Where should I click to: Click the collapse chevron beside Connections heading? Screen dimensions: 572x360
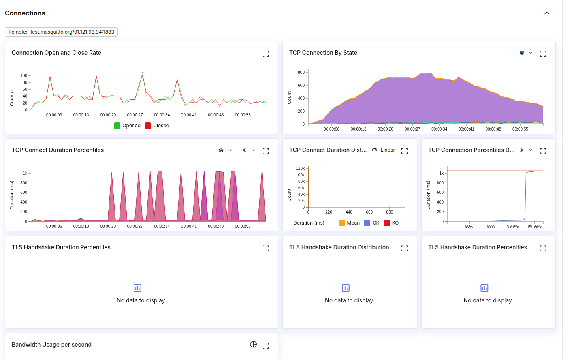(546, 13)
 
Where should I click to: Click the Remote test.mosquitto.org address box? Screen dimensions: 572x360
(61, 32)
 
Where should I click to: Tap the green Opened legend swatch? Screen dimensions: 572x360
(117, 126)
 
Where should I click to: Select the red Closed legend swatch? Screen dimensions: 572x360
(148, 126)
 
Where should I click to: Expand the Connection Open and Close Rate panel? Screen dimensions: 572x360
(266, 54)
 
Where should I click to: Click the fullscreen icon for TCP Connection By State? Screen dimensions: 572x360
(543, 54)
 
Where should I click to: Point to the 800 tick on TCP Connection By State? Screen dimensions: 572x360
(301, 72)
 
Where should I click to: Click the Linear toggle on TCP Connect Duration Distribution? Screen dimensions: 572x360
(384, 150)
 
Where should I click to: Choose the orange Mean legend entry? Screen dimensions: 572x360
(349, 223)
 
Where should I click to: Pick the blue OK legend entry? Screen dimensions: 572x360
(371, 223)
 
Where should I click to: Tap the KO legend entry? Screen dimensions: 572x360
(391, 223)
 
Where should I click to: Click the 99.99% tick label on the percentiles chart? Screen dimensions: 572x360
(534, 226)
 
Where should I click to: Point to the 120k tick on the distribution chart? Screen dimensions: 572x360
(300, 168)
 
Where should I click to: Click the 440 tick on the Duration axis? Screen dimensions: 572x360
(349, 212)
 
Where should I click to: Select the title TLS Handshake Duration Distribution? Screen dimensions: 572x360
(339, 247)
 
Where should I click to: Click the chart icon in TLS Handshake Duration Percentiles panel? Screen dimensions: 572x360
(137, 288)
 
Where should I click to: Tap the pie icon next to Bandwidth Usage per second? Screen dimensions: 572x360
(253, 345)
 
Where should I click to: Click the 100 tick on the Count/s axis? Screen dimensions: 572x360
(24, 76)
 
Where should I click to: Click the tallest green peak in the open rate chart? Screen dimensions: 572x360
(142, 73)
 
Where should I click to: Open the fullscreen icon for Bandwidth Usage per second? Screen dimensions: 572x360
(266, 346)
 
